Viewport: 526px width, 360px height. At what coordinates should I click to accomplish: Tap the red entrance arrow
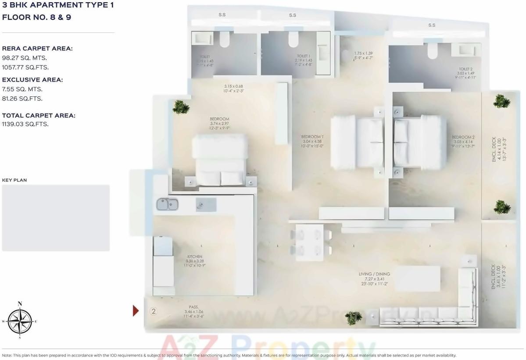[136, 310]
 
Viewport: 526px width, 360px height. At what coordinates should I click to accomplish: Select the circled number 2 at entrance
[154, 311]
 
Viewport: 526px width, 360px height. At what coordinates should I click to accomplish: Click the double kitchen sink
[168, 204]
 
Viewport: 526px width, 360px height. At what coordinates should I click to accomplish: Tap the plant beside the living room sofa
[353, 317]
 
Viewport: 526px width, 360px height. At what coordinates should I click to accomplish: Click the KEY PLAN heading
[14, 180]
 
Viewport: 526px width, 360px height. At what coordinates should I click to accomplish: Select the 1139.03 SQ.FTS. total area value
[25, 124]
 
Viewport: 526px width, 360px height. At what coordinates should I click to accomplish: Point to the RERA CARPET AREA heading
[37, 49]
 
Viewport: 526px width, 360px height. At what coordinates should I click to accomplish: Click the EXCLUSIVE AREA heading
[32, 80]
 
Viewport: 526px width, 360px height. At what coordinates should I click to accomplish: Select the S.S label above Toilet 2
[432, 25]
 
